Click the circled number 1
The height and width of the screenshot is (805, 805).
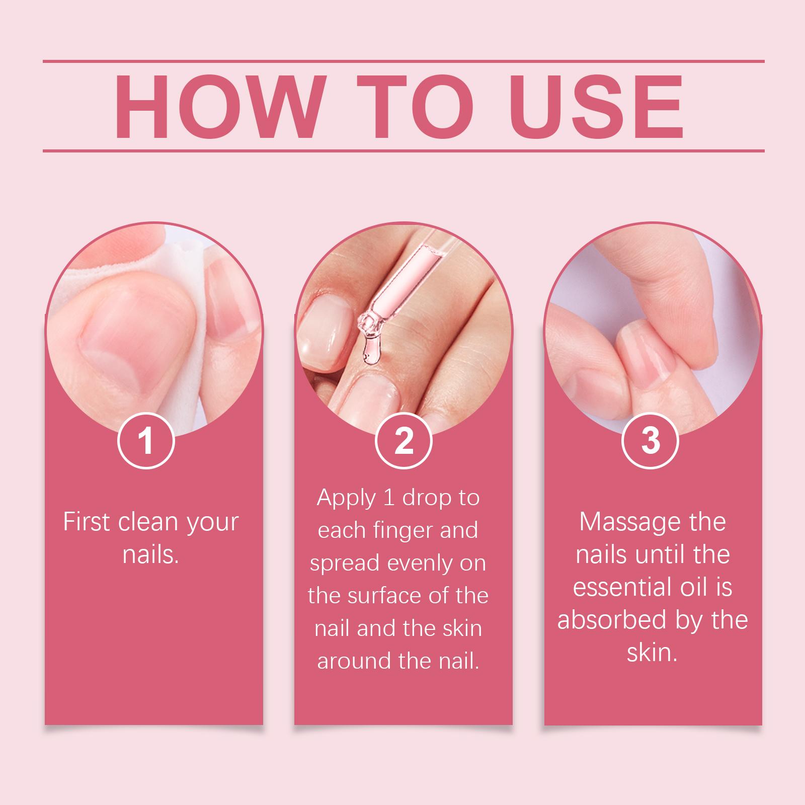point(146,440)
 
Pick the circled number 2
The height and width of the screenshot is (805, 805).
point(404,440)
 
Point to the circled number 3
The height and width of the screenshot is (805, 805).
point(651,440)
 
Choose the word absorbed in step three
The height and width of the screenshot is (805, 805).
point(613,620)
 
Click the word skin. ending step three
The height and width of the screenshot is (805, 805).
point(652,653)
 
